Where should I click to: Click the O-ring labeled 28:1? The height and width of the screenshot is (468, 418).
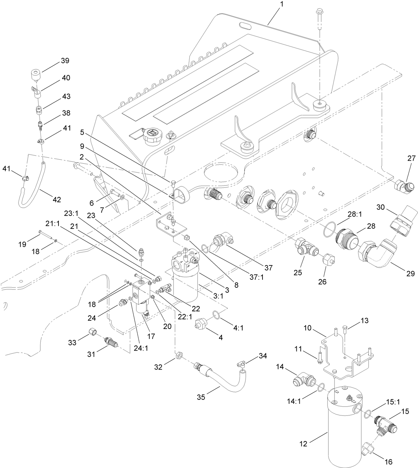tap(329, 229)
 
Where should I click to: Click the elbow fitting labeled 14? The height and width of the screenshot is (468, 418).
tap(303, 379)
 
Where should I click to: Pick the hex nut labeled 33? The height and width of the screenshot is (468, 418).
tap(93, 331)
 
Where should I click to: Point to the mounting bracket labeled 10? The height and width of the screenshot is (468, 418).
tap(346, 358)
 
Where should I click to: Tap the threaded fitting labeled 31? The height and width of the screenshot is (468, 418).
tap(111, 341)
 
